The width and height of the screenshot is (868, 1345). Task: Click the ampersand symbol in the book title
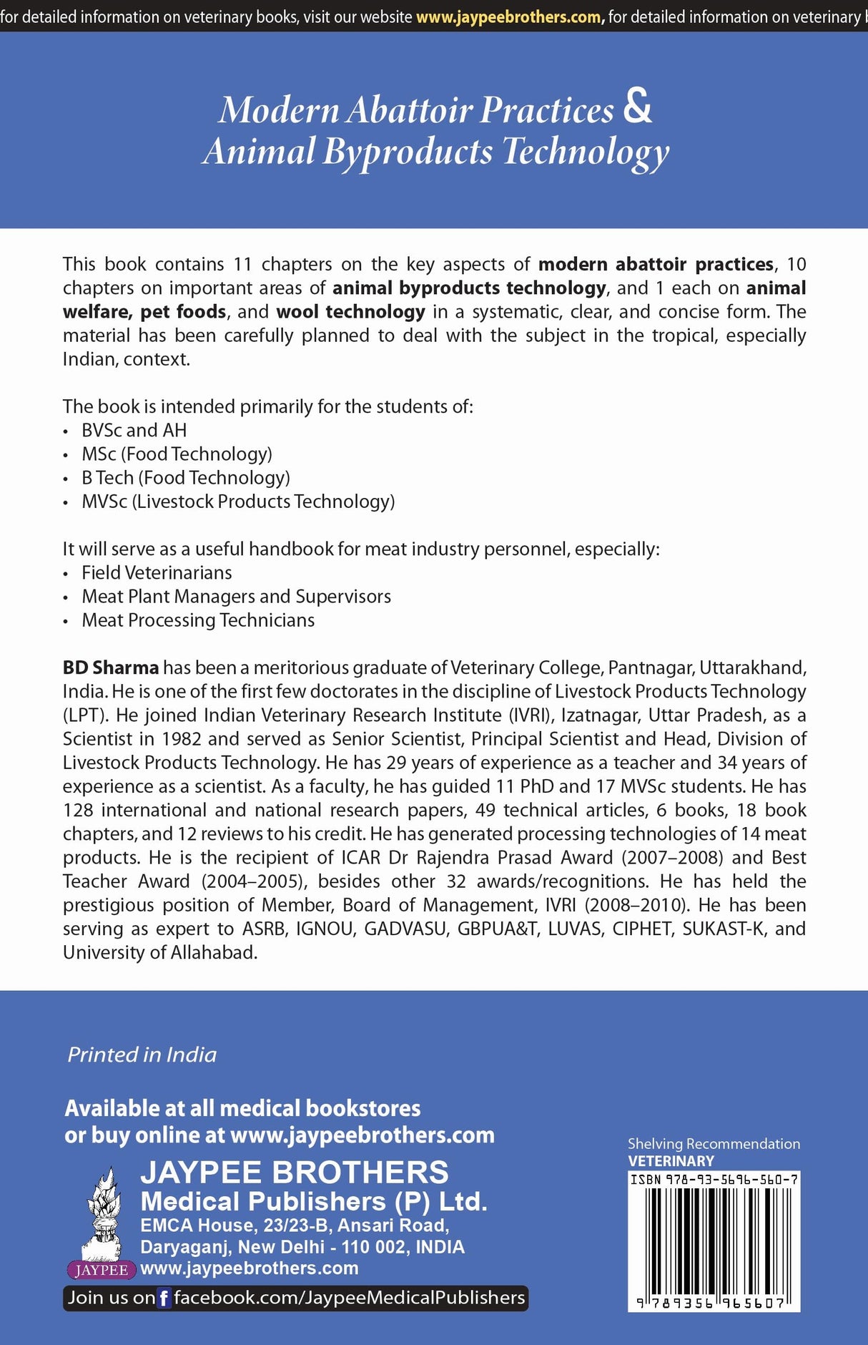pos(637,107)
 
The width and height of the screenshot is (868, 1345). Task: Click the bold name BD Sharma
pos(111,667)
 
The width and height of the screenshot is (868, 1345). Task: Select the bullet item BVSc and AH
pos(134,430)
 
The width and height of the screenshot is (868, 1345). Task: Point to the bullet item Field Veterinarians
pos(157,572)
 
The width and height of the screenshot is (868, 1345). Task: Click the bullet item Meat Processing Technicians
pos(198,620)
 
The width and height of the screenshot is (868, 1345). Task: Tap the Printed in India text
pos(142,1055)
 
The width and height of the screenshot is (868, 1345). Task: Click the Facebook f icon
pos(164,1298)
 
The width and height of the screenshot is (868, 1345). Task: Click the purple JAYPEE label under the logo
pos(102,1270)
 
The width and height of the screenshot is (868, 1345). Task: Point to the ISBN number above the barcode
pos(714,1179)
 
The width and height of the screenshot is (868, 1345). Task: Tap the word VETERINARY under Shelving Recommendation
pos(671,1161)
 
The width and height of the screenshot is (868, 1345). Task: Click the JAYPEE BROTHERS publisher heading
pos(295,1173)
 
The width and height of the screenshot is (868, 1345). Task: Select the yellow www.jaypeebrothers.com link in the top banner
pos(509,16)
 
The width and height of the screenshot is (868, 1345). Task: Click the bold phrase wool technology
pos(350,312)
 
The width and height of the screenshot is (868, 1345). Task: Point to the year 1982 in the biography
pos(182,739)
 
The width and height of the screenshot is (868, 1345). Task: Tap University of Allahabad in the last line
pos(159,953)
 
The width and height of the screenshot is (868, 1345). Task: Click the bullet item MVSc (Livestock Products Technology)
pos(238,502)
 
